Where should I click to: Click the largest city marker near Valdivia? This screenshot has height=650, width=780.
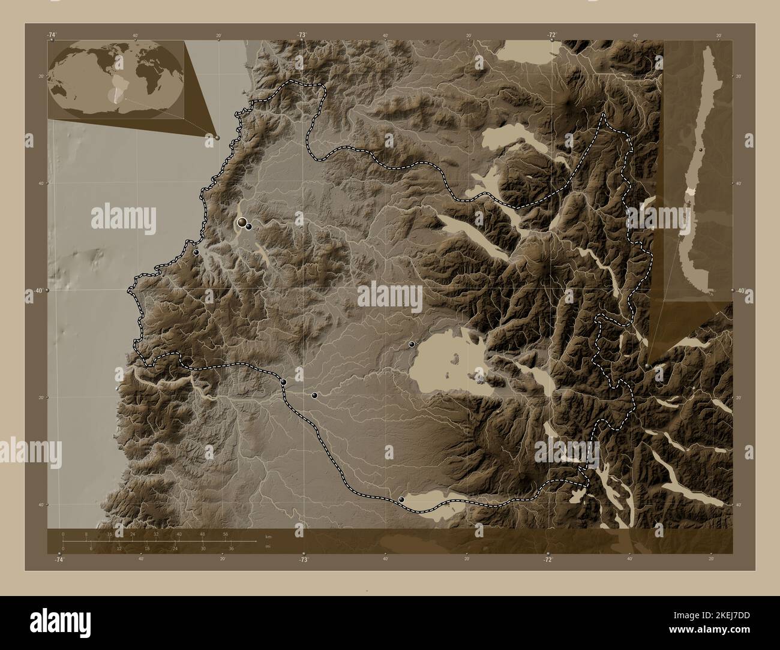[242, 223]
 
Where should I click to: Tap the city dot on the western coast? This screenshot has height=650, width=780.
[196, 253]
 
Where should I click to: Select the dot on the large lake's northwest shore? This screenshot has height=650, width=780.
[412, 344]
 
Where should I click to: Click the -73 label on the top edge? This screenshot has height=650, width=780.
[301, 35]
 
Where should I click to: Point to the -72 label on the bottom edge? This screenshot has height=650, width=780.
[547, 559]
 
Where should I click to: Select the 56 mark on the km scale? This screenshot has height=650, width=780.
[225, 533]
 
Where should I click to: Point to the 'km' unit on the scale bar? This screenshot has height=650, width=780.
[267, 537]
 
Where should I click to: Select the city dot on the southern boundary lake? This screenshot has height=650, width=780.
[401, 499]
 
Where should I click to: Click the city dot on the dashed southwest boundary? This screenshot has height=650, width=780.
[283, 382]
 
